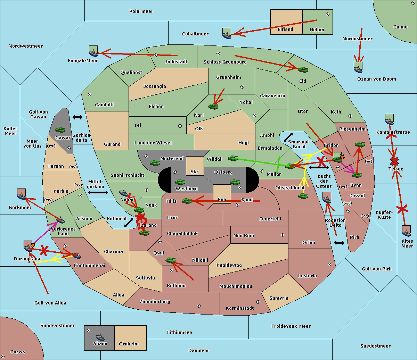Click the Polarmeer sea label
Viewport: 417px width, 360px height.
[141, 11]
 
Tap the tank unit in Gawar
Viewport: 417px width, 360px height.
[60, 129]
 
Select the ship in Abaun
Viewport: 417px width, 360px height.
[100, 337]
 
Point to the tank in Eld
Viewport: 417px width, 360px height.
[303, 70]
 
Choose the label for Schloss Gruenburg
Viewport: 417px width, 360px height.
[225, 62]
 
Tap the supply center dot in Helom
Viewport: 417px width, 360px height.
[328, 14]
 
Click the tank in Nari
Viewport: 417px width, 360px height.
[213, 106]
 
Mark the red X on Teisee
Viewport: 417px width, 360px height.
[394, 161]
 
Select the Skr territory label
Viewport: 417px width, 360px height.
[195, 171]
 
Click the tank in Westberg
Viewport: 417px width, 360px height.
[180, 182]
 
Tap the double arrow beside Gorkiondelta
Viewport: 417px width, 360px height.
[77, 117]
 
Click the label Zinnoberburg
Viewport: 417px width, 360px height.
[155, 302]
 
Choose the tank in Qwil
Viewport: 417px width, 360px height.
[171, 260]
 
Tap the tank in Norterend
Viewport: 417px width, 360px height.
[155, 163]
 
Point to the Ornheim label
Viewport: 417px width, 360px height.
[129, 344]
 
